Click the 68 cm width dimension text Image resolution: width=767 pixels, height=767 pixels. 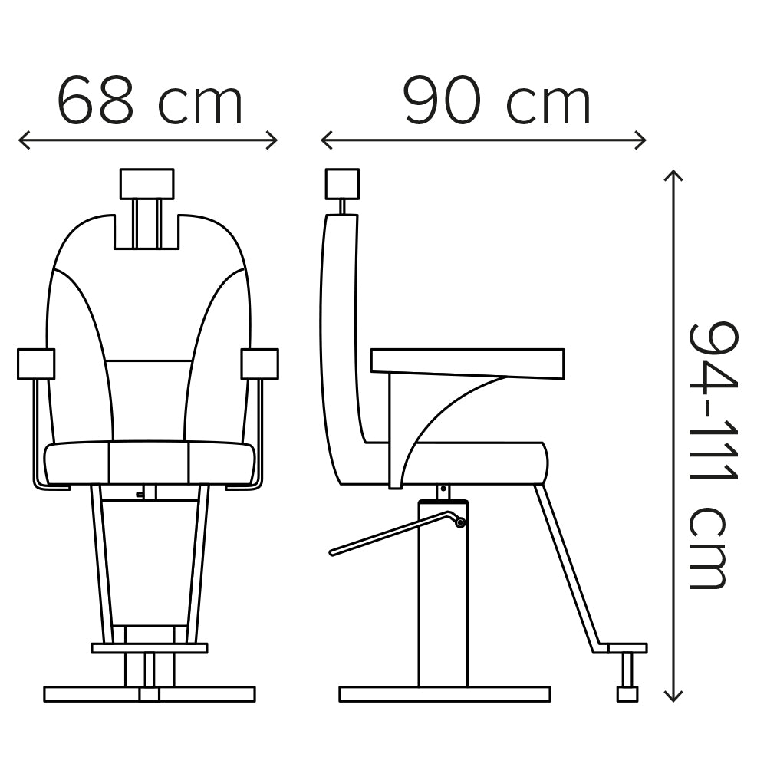[x=150, y=100]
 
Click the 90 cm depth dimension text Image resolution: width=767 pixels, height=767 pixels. [x=498, y=100]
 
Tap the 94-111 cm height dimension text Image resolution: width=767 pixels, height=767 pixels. [x=713, y=456]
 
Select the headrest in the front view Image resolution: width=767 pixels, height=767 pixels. [x=146, y=183]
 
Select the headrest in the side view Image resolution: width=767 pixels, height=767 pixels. [x=342, y=184]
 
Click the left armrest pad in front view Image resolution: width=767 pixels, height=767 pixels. [x=36, y=364]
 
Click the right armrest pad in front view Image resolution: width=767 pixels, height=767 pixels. [x=260, y=364]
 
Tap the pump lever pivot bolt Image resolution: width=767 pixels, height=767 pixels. [x=459, y=522]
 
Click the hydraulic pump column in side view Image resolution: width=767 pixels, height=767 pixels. [x=443, y=593]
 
